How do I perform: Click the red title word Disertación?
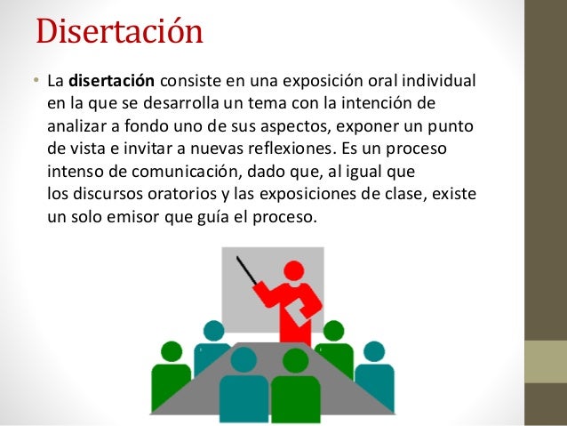click(119, 32)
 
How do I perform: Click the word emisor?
click(142, 213)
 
